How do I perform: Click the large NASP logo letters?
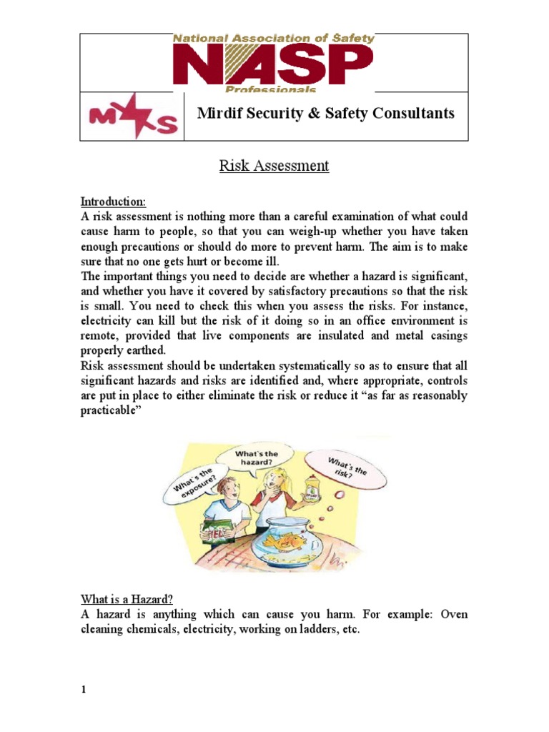coord(273,65)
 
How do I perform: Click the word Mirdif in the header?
coord(219,114)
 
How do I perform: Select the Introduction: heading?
coord(113,201)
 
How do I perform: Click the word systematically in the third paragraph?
coord(326,367)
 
